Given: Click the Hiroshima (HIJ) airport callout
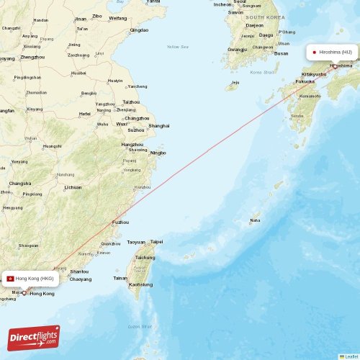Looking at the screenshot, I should tap(333, 53).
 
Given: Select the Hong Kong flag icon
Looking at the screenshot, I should tap(11, 278).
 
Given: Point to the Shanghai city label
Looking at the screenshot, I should tap(158, 126).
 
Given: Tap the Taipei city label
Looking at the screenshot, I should tap(156, 242).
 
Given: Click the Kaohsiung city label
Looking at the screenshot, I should tap(140, 284).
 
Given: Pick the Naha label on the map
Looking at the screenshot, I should tap(255, 220).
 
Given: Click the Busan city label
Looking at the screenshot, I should tap(281, 53).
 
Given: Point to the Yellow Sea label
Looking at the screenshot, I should tap(177, 47).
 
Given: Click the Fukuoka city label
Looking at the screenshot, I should tap(305, 81).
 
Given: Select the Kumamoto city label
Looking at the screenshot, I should tap(310, 96).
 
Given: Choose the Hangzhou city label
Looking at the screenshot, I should tap(132, 145).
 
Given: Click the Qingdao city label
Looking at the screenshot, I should tap(140, 30).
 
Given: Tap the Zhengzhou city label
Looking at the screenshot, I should tap(32, 57).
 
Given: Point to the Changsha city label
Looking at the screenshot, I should tap(19, 183).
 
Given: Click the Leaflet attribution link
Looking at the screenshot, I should tap(349, 356).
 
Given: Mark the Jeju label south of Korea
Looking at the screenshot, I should tap(234, 83).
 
